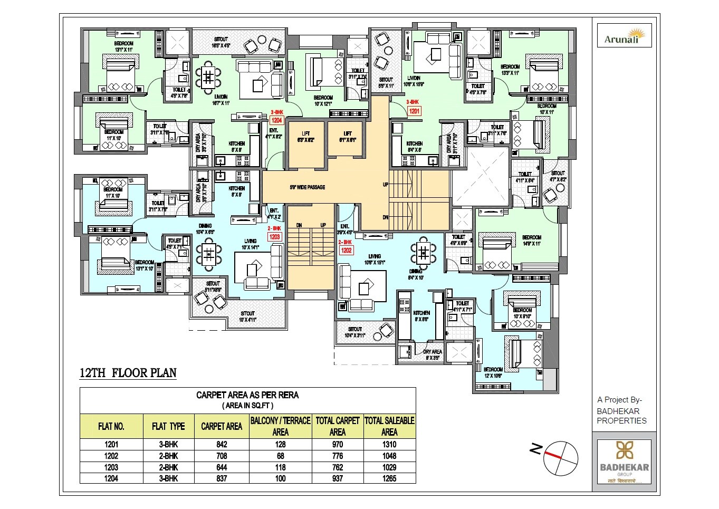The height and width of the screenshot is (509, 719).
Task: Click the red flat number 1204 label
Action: tap(277, 120)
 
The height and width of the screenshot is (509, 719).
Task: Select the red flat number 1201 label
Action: tap(414, 111)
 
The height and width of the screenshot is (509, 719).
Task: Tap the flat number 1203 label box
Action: tap(275, 237)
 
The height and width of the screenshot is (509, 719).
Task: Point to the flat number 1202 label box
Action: tap(346, 251)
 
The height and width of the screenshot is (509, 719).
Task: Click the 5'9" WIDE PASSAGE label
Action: tap(307, 187)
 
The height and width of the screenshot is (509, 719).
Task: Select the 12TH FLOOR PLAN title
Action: tap(128, 373)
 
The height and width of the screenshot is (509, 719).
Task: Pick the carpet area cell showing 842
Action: tap(222, 444)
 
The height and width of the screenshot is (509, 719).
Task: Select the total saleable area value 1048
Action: tap(389, 456)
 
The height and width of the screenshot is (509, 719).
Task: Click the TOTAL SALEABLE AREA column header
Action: tap(389, 426)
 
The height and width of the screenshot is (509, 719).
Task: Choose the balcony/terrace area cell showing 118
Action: tap(280, 467)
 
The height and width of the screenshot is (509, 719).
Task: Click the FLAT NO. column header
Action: tap(111, 426)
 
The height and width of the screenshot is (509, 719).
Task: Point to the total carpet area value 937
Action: tap(338, 478)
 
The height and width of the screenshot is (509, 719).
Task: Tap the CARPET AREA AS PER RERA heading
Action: tap(247, 395)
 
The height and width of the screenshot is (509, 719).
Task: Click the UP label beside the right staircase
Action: tap(386, 185)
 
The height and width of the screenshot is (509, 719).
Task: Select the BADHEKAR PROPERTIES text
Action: tap(621, 416)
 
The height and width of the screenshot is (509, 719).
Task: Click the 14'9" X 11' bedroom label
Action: tap(531, 241)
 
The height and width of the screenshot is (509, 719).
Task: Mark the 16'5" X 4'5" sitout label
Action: tap(221, 42)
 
